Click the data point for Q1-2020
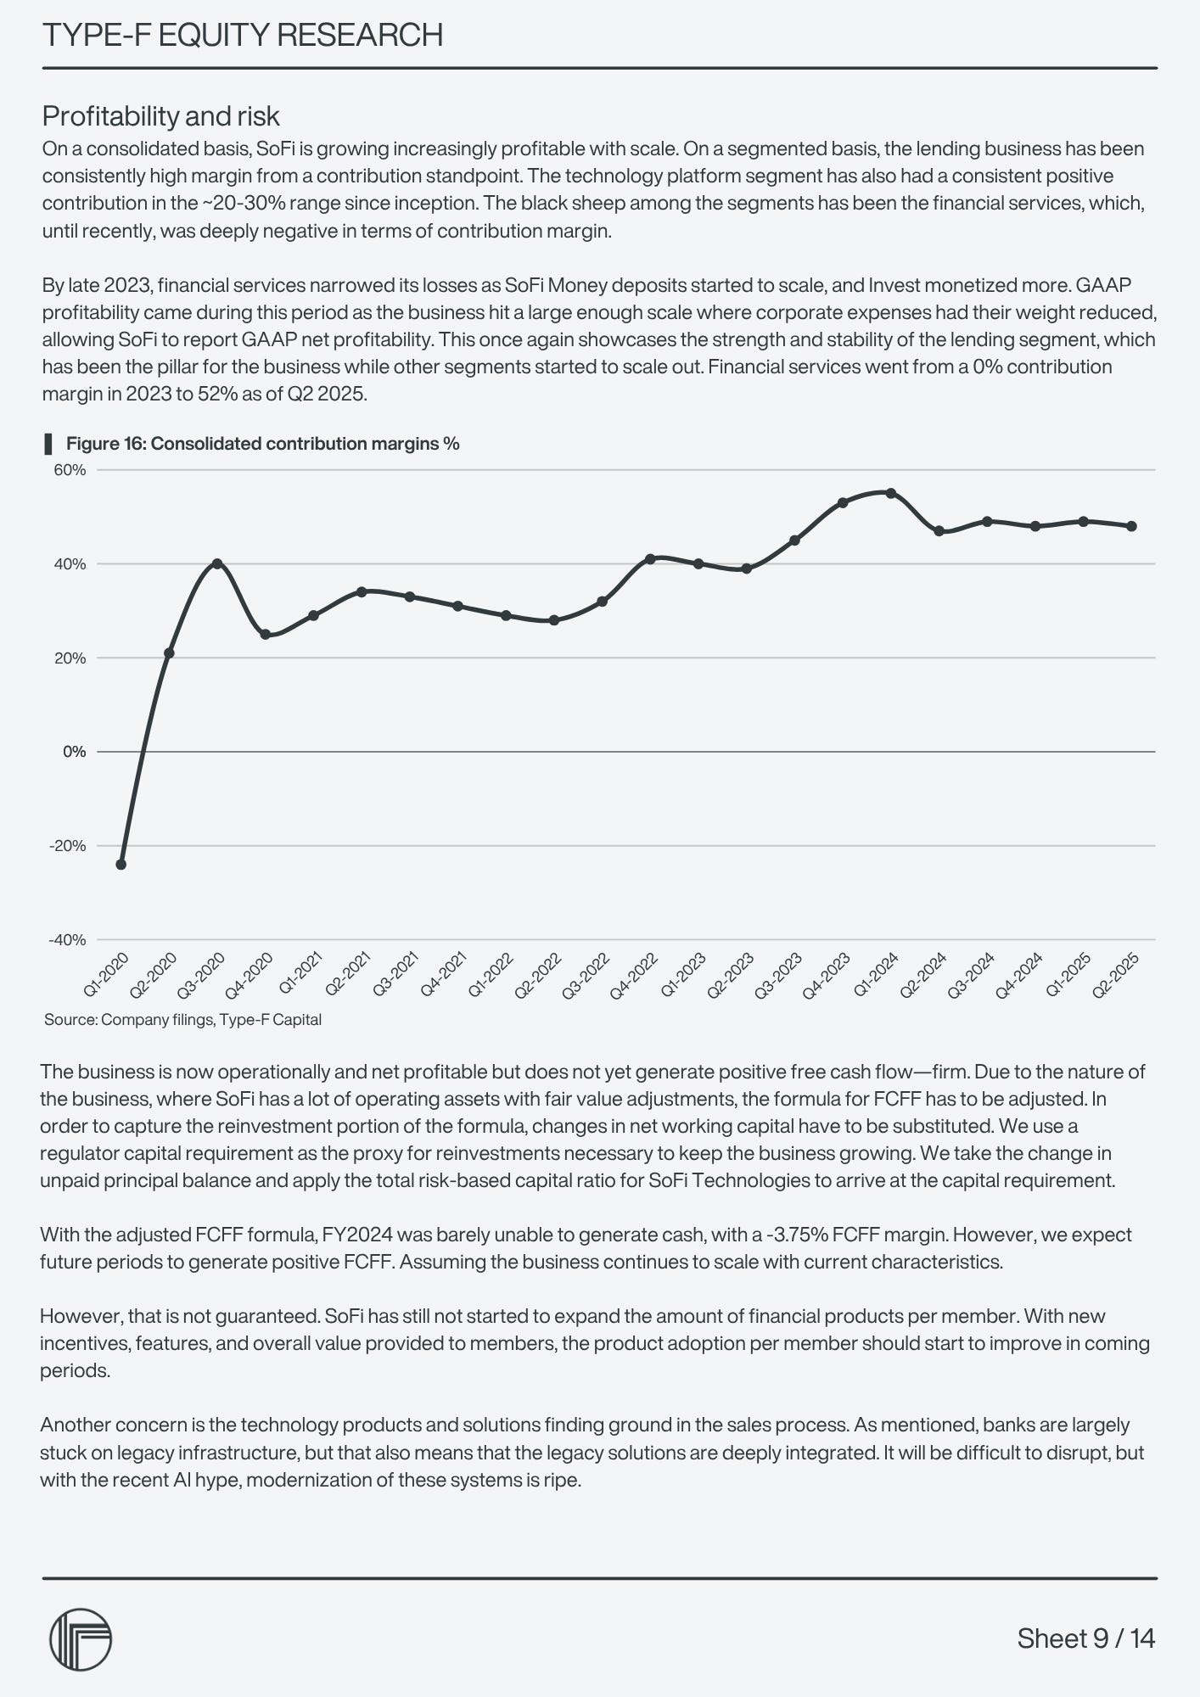pos(121,865)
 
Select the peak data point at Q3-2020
pos(217,563)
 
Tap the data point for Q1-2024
pos(890,493)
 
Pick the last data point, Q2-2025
pos(1131,526)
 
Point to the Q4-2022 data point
pos(650,559)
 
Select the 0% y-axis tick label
pos(75,752)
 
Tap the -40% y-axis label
pos(68,939)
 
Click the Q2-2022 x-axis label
pos(540,975)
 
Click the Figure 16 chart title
pos(262,444)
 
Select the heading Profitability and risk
pos(161,115)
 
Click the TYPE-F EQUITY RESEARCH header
pos(243,36)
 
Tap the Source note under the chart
pos(182,1020)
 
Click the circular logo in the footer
pos(81,1639)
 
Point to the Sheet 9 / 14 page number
pos(1085,1638)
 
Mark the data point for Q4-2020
pos(266,634)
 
